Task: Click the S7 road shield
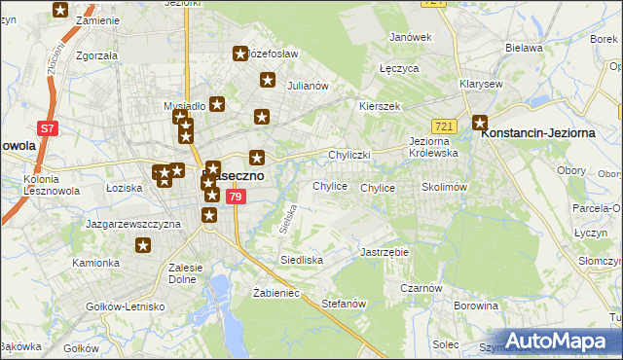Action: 46,127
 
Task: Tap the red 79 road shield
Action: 235,197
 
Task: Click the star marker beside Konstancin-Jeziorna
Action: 479,123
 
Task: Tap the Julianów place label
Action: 306,85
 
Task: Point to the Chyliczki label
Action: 351,155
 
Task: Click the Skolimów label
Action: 446,186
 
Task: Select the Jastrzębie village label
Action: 385,251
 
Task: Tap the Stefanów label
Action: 343,303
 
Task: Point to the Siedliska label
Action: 303,260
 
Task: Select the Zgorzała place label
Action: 96,55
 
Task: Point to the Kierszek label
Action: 380,106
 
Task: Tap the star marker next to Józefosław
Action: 240,54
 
